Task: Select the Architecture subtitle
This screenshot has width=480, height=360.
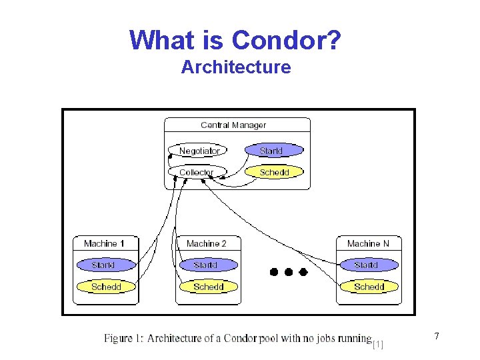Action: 236,67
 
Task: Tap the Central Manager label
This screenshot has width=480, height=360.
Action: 233,125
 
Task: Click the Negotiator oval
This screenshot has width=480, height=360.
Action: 199,151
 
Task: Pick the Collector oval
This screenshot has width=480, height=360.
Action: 196,172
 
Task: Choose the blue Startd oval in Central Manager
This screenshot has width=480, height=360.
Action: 271,151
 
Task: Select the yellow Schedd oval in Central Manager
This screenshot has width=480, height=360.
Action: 274,172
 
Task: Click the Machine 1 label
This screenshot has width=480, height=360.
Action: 105,244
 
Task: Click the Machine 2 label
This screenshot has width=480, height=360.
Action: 207,244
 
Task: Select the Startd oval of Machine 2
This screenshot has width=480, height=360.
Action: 206,265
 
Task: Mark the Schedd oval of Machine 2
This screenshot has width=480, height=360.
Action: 208,287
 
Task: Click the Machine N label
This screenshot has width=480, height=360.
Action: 368,244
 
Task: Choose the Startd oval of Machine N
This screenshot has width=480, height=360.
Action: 367,265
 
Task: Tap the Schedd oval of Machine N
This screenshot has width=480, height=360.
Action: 369,287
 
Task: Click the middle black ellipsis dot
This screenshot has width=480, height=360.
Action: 288,272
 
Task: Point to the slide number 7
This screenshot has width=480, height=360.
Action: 437,337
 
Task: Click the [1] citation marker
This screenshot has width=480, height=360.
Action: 378,344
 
